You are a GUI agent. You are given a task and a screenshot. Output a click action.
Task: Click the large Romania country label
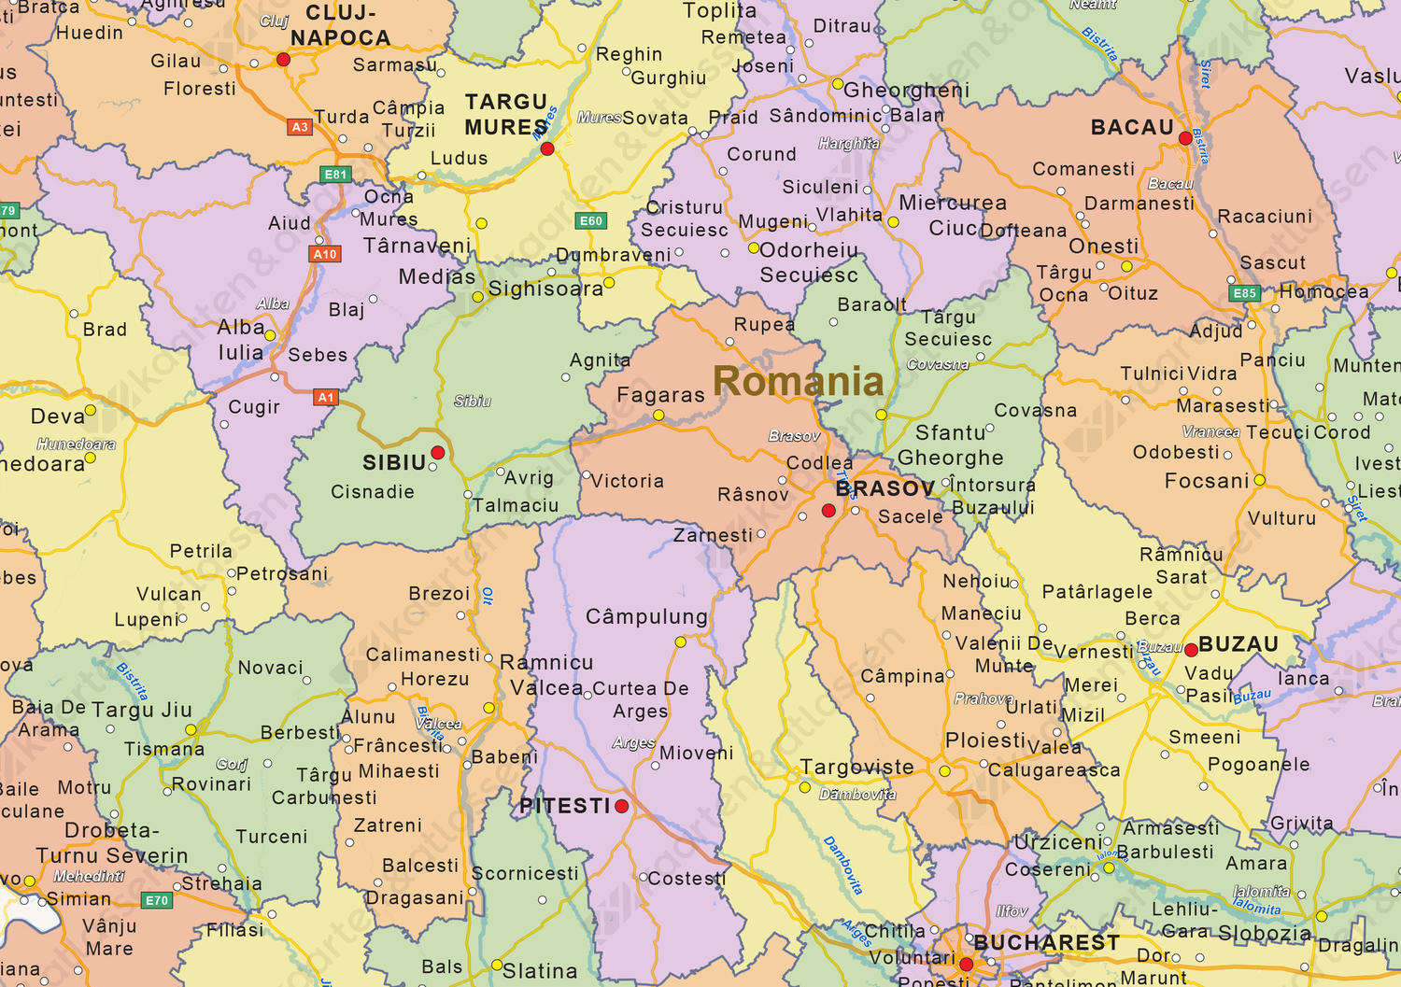click(x=798, y=381)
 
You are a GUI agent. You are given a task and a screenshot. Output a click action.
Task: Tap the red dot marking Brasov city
click(x=828, y=511)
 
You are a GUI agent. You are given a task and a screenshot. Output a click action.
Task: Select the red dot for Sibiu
click(x=437, y=453)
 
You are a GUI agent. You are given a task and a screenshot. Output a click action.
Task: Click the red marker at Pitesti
click(x=622, y=806)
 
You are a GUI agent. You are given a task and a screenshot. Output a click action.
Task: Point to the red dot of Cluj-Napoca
click(x=283, y=60)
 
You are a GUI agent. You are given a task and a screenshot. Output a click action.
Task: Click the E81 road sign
click(x=335, y=175)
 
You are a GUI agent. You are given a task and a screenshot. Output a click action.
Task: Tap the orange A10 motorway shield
click(x=325, y=254)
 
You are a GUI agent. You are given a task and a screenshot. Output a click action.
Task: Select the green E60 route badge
click(x=591, y=221)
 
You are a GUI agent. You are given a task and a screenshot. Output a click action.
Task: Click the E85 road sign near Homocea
click(x=1244, y=293)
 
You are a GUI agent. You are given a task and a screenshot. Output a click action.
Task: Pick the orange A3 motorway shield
click(x=299, y=127)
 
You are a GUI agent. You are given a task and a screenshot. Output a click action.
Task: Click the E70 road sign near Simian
click(x=157, y=900)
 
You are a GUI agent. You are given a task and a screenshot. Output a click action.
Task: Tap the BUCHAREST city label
click(x=1046, y=943)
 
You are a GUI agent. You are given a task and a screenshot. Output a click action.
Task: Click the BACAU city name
click(x=1132, y=127)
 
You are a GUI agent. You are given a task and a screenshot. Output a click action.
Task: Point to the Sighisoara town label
click(x=545, y=289)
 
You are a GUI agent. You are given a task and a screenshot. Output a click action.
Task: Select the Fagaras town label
click(x=660, y=395)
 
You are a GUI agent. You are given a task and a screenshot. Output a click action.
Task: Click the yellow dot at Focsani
click(x=1259, y=480)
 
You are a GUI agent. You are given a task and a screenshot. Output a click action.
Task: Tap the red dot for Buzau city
click(x=1191, y=650)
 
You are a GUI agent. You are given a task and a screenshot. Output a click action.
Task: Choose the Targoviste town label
click(x=856, y=768)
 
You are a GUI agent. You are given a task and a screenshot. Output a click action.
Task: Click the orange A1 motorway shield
click(x=325, y=398)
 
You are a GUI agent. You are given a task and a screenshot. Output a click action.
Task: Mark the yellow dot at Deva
click(x=91, y=410)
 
